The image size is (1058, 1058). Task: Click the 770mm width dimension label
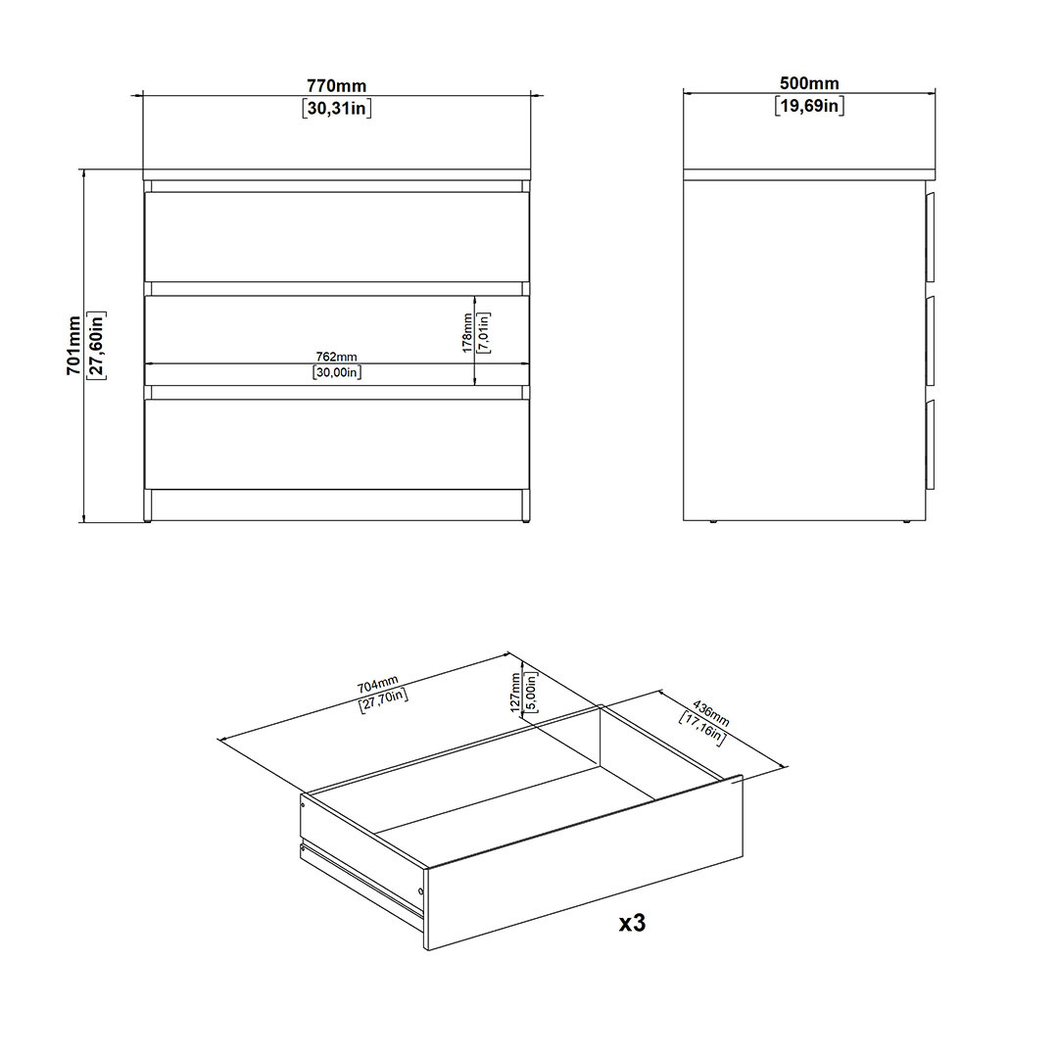[x=336, y=85]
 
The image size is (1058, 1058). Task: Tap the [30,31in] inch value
[x=337, y=108]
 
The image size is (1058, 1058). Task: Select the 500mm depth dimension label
[x=809, y=83]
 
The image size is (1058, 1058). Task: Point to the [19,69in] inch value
[x=809, y=105]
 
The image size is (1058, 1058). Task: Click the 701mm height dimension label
[x=74, y=346]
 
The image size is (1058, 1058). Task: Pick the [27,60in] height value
[x=96, y=346]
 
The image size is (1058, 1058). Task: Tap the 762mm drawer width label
[x=337, y=357]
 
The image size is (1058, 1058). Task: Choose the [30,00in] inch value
[x=337, y=372]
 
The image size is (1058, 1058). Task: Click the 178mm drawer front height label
[x=467, y=333]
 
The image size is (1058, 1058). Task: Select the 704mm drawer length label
[x=378, y=684]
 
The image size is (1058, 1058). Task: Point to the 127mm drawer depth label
[x=515, y=693]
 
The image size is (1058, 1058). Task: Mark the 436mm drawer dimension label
[x=711, y=714]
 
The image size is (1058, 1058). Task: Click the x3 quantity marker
[x=632, y=923]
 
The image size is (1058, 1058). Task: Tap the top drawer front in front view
[x=337, y=237]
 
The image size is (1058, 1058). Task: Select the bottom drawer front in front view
[x=337, y=445]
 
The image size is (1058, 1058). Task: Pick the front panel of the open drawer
[x=584, y=863]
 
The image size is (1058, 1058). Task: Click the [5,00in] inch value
[x=530, y=693]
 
